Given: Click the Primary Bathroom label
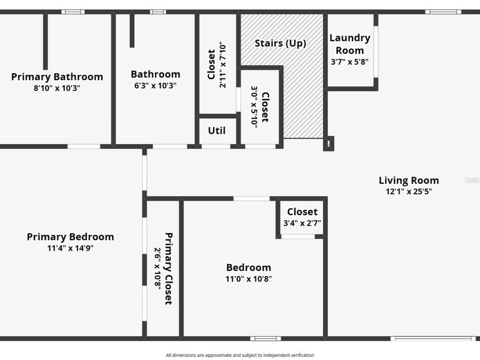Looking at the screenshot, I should click(x=57, y=77).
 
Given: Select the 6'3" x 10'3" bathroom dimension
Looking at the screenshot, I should click(x=155, y=85).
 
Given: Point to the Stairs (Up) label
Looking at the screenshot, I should click(x=280, y=43).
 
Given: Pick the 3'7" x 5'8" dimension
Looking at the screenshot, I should click(x=350, y=61).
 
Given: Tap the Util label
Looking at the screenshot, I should click(x=217, y=131).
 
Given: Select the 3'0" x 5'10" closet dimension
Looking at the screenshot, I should click(x=254, y=105).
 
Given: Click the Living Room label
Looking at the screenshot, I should click(x=409, y=180).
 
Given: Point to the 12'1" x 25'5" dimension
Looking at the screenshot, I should click(x=409, y=191).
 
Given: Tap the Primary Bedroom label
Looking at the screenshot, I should click(x=70, y=237).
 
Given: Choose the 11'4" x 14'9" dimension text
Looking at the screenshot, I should click(x=70, y=248).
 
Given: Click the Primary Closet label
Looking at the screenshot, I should click(x=169, y=268).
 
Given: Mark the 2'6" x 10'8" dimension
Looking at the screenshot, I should click(x=157, y=268).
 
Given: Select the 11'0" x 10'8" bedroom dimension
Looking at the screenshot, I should click(x=249, y=278).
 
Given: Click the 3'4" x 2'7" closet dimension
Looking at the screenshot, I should click(x=302, y=223).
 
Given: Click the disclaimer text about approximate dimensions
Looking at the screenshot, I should click(x=240, y=355).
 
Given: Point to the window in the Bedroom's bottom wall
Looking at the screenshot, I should click(x=266, y=338).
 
